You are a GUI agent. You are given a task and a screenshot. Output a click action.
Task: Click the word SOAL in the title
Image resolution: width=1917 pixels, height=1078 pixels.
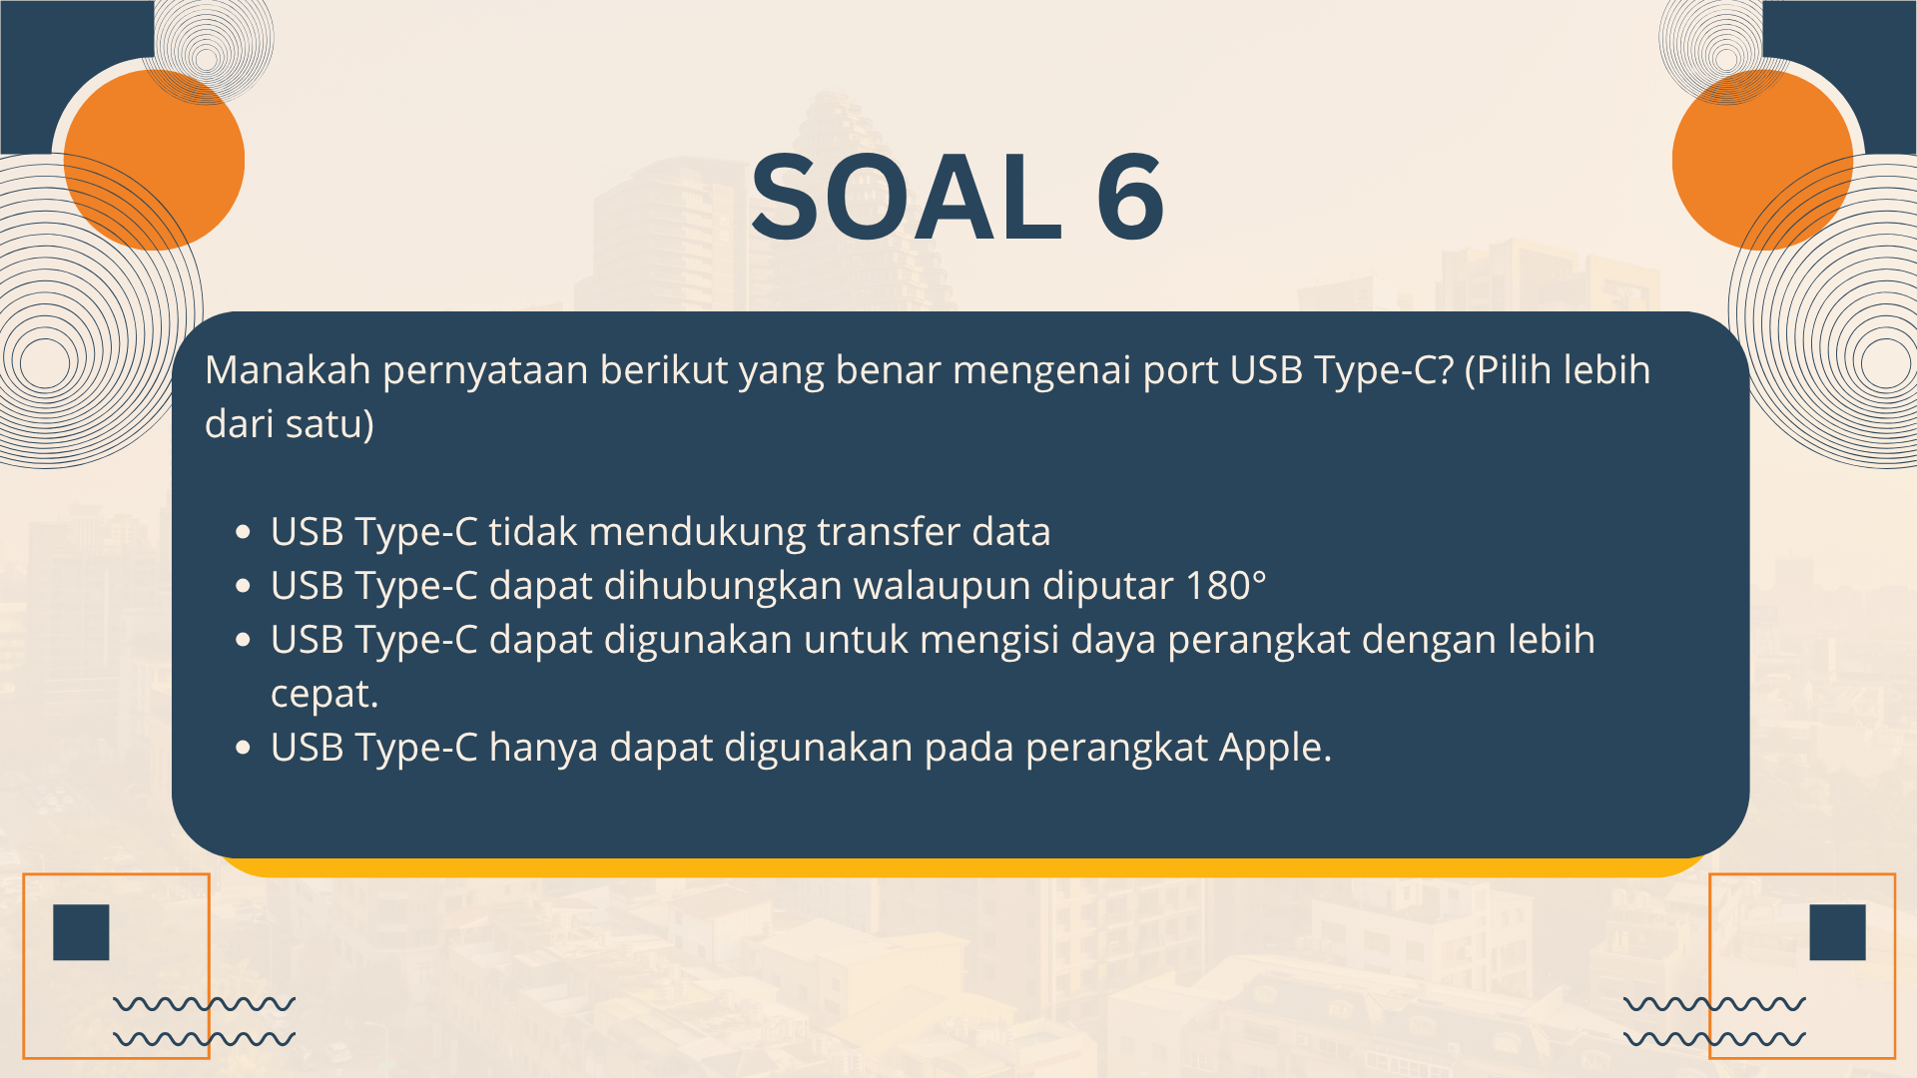click(x=907, y=197)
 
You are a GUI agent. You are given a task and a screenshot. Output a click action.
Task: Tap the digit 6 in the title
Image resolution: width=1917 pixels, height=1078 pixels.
click(x=1130, y=197)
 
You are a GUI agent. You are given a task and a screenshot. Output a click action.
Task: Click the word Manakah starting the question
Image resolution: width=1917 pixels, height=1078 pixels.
click(x=288, y=370)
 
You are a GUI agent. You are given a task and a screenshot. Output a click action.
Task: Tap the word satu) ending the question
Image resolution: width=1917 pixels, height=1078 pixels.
click(x=329, y=424)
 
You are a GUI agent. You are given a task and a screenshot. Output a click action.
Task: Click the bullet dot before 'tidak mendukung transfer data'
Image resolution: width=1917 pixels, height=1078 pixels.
click(x=243, y=533)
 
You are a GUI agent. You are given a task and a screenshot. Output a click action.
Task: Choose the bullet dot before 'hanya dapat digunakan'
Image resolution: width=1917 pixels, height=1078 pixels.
click(x=243, y=749)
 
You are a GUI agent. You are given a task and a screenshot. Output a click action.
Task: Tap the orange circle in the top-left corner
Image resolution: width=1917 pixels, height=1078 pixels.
click(x=154, y=160)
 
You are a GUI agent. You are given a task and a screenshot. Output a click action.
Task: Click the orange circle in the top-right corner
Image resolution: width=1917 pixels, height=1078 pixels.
click(x=1763, y=160)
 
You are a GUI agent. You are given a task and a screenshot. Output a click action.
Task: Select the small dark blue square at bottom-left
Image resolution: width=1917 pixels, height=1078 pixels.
click(x=81, y=932)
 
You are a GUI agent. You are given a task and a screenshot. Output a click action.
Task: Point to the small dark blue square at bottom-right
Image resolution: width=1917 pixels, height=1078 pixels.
click(x=1837, y=932)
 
